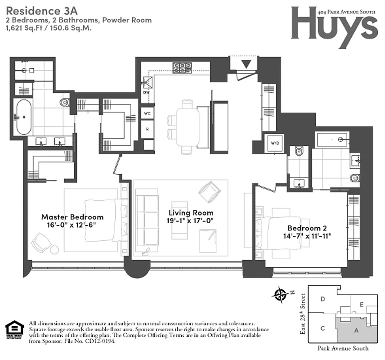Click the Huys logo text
click(x=333, y=22)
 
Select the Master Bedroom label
click(x=72, y=216)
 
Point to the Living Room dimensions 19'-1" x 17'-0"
click(x=191, y=220)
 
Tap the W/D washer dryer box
click(x=274, y=143)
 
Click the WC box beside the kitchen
click(x=147, y=113)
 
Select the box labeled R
click(x=147, y=129)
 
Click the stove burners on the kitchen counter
click(x=182, y=68)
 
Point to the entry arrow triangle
click(x=245, y=64)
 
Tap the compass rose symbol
click(x=281, y=295)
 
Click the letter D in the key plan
click(x=322, y=299)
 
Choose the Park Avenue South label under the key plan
click(x=343, y=348)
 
